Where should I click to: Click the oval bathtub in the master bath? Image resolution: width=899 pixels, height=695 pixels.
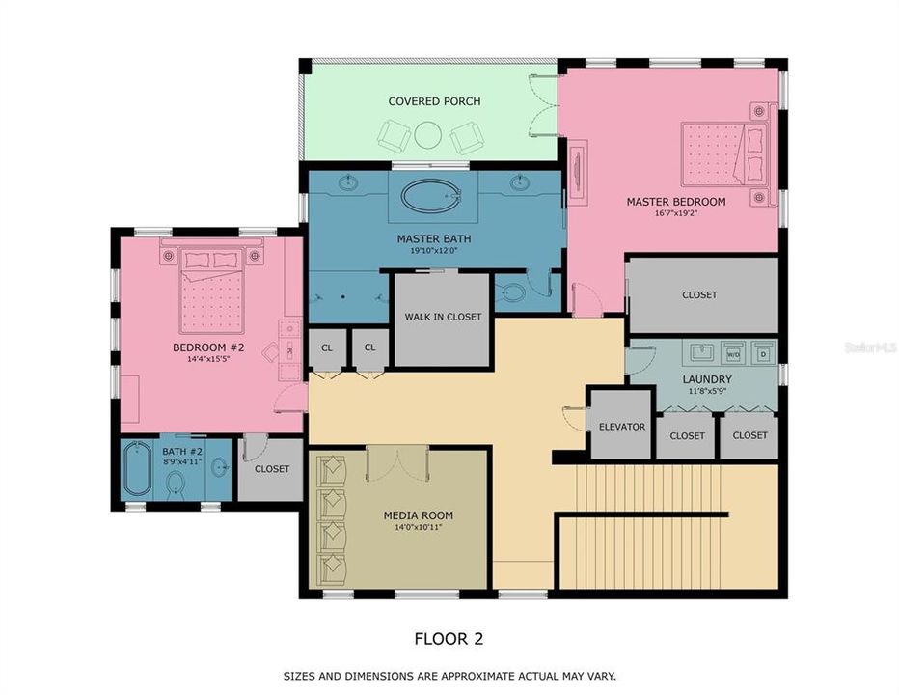click(x=432, y=196)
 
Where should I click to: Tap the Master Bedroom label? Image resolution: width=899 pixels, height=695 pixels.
click(x=675, y=202)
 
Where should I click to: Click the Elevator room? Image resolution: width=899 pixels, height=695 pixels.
click(x=621, y=426)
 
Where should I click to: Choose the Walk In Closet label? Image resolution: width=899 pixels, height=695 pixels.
click(x=443, y=317)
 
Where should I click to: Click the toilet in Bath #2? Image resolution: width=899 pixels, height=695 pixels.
click(x=176, y=485)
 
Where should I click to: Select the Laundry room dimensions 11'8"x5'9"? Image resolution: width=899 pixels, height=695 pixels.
click(x=709, y=393)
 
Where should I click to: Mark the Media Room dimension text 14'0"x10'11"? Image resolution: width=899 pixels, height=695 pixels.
click(x=418, y=528)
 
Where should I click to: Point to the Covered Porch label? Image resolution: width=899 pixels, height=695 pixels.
click(x=434, y=101)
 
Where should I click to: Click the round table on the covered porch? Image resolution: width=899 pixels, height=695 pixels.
click(x=429, y=138)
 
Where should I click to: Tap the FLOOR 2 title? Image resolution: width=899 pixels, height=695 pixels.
click(x=449, y=638)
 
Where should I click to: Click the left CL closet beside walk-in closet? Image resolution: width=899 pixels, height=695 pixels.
click(x=326, y=348)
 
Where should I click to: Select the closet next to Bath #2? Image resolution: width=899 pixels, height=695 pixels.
click(x=271, y=469)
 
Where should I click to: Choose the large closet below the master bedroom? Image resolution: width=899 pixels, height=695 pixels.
click(x=700, y=294)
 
